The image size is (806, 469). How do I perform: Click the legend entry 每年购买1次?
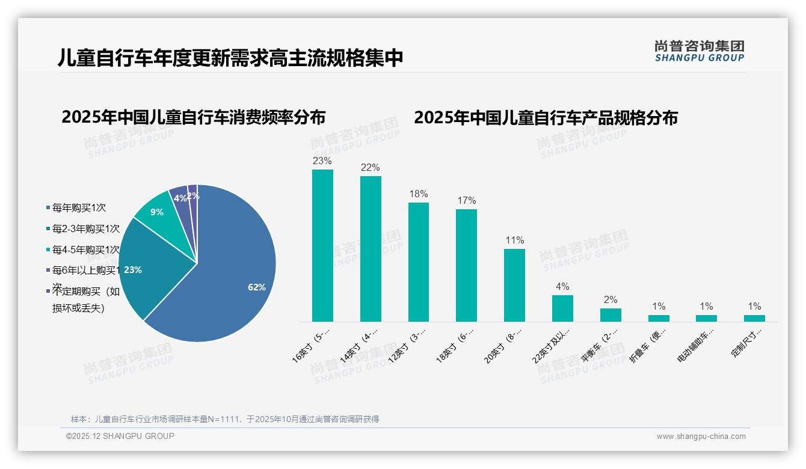(x=79, y=208)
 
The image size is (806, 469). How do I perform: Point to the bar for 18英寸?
(x=466, y=265)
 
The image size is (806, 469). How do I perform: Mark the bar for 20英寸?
(x=514, y=285)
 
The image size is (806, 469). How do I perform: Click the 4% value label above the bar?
(x=562, y=287)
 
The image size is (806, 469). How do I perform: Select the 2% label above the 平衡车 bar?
(x=611, y=300)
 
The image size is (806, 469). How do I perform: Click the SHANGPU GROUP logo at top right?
(x=699, y=51)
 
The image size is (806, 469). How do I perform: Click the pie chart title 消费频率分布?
(x=193, y=117)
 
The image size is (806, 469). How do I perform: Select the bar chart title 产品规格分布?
(x=546, y=117)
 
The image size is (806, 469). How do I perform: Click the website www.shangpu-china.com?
(x=701, y=437)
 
